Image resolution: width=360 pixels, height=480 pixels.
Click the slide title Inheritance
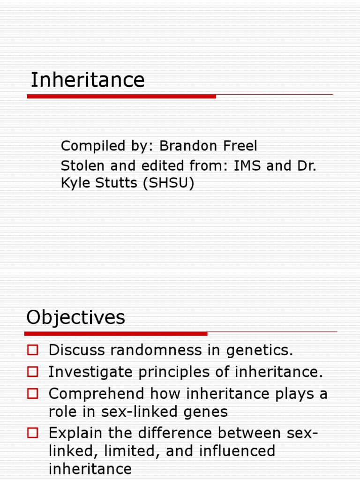click(88, 80)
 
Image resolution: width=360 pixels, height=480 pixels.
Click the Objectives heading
click(76, 318)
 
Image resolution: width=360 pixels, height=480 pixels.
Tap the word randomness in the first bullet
click(154, 351)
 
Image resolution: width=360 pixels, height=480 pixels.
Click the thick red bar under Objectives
click(116, 334)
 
